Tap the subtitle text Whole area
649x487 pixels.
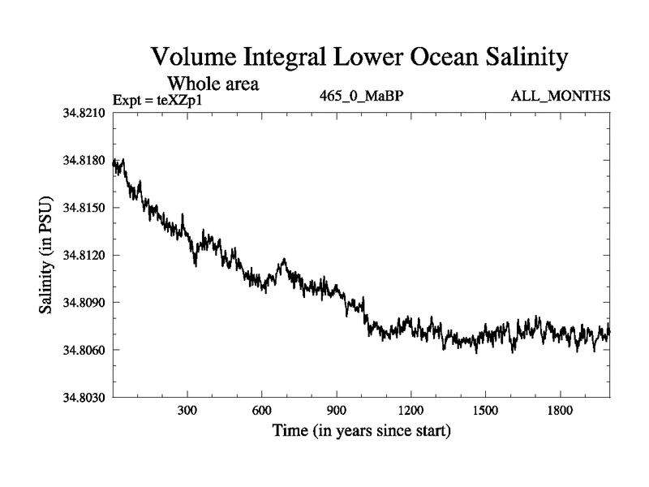point(213,83)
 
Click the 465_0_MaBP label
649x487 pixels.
point(362,97)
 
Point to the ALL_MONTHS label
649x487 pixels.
point(561,97)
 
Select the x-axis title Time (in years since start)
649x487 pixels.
point(361,430)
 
